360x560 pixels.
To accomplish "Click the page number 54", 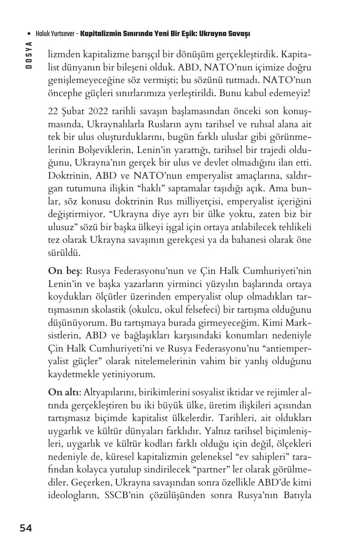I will [x=26, y=528].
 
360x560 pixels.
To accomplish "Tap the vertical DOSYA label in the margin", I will [x=28, y=55].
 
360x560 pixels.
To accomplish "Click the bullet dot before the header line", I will [x=29, y=34].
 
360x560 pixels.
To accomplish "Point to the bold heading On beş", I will [x=65, y=271].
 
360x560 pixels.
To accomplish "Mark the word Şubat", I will [x=71, y=112].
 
